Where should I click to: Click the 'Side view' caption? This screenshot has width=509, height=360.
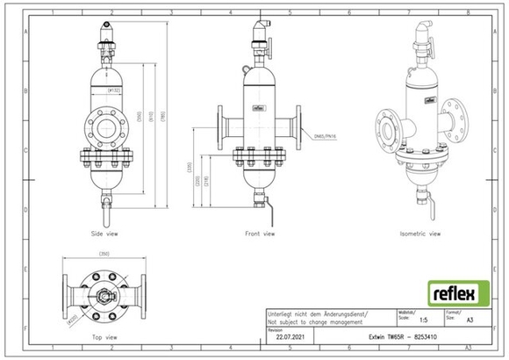(104, 235)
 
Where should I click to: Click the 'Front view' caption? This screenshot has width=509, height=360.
(261, 235)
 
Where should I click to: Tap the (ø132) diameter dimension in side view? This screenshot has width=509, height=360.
(114, 90)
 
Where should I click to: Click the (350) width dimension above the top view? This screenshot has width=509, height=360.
(104, 255)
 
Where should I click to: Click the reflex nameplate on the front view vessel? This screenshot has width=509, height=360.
(260, 109)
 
